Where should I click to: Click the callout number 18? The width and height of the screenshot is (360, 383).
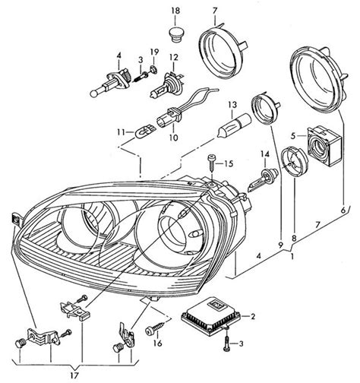click(x=175, y=11)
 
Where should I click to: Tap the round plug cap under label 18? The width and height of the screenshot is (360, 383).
click(x=177, y=33)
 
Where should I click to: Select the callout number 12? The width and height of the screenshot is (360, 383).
click(x=174, y=58)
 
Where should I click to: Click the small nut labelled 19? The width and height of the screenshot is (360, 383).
click(x=153, y=69)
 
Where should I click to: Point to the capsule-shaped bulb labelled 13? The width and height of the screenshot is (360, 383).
click(x=234, y=125)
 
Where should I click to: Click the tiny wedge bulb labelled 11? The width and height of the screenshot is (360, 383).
click(x=144, y=131)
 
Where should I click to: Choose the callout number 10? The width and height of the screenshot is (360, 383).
click(x=174, y=138)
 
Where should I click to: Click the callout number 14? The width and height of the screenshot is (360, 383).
click(x=266, y=154)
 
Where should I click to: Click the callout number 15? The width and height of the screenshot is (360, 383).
click(x=229, y=163)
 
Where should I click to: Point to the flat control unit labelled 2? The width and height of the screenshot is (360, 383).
click(x=211, y=316)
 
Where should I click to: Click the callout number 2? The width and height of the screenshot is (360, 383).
click(x=252, y=316)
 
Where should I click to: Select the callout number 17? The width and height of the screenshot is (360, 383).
click(x=75, y=375)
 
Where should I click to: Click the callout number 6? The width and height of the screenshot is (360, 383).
click(x=343, y=210)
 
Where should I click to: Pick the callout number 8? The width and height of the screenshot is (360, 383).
click(x=294, y=239)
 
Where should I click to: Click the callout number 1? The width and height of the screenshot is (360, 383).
click(x=292, y=257)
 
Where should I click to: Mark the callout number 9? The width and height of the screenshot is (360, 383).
click(x=280, y=245)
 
